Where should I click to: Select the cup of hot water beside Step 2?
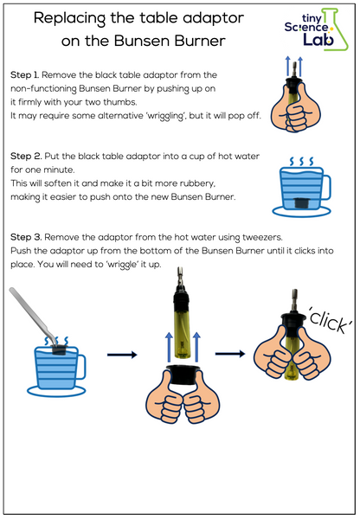tap(299, 191)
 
